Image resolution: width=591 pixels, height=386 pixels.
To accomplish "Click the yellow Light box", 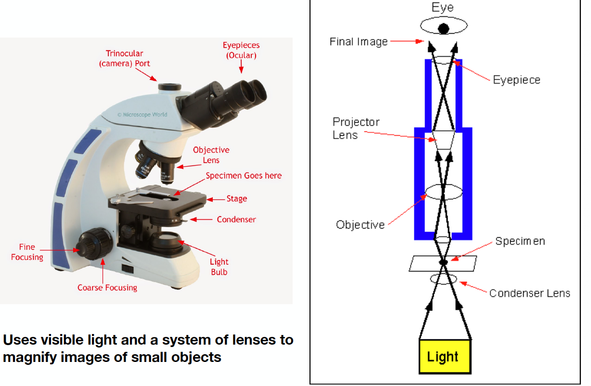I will (x=443, y=357).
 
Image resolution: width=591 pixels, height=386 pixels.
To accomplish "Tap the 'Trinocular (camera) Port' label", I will (x=125, y=58).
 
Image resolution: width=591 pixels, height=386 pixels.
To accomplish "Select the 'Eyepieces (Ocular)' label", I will (x=241, y=50).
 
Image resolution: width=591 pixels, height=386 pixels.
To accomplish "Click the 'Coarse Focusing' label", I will (x=107, y=287).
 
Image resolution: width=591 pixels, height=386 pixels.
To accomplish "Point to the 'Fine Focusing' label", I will (x=27, y=252).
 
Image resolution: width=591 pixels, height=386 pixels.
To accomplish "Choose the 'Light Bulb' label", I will (x=219, y=267).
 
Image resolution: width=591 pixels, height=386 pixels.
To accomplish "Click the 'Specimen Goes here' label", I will (x=244, y=176).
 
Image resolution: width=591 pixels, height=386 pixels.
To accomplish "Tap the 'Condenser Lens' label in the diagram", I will (x=529, y=293).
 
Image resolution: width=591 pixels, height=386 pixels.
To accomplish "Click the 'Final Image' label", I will (x=359, y=42).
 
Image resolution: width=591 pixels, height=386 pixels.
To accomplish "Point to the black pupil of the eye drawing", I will (x=443, y=28).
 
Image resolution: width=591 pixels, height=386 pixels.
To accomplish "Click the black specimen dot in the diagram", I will (x=443, y=262).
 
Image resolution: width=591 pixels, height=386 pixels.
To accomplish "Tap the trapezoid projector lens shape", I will (x=443, y=140).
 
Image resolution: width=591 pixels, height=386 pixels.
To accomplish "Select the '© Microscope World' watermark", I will (x=142, y=115).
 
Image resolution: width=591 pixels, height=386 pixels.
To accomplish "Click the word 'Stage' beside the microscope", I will (x=236, y=198).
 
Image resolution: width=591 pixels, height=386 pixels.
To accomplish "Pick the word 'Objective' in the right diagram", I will (x=360, y=225).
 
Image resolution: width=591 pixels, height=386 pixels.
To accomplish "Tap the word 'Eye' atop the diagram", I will (x=443, y=8).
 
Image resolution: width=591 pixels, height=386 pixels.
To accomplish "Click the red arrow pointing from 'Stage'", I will (x=216, y=198).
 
